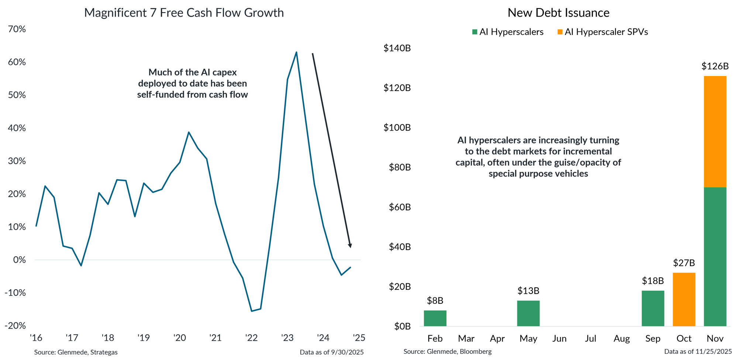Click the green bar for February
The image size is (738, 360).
[x=435, y=318]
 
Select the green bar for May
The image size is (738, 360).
[x=528, y=313]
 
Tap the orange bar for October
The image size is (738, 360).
[x=684, y=299]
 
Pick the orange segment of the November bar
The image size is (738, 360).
[x=715, y=131]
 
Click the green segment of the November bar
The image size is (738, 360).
[x=715, y=257]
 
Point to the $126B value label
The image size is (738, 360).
[x=715, y=66]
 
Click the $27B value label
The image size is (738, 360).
[x=684, y=263]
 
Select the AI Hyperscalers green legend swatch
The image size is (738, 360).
[x=475, y=32]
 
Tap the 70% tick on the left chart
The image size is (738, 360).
[x=17, y=29]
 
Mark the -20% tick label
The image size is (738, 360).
[x=15, y=326]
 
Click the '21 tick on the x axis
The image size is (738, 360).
[x=215, y=338]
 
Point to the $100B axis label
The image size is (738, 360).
[x=397, y=128]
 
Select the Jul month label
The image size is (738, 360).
[x=590, y=339]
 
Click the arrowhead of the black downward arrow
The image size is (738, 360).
[x=350, y=246]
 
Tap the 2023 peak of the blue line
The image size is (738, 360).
[x=296, y=52]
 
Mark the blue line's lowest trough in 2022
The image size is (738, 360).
[x=252, y=311]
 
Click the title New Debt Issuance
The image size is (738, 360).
[x=558, y=13]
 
